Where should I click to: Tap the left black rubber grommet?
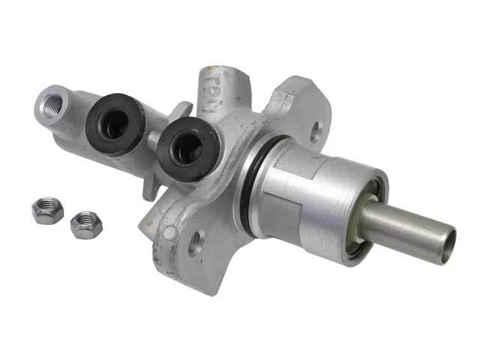(115, 123)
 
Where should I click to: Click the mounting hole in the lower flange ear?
(196, 244)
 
